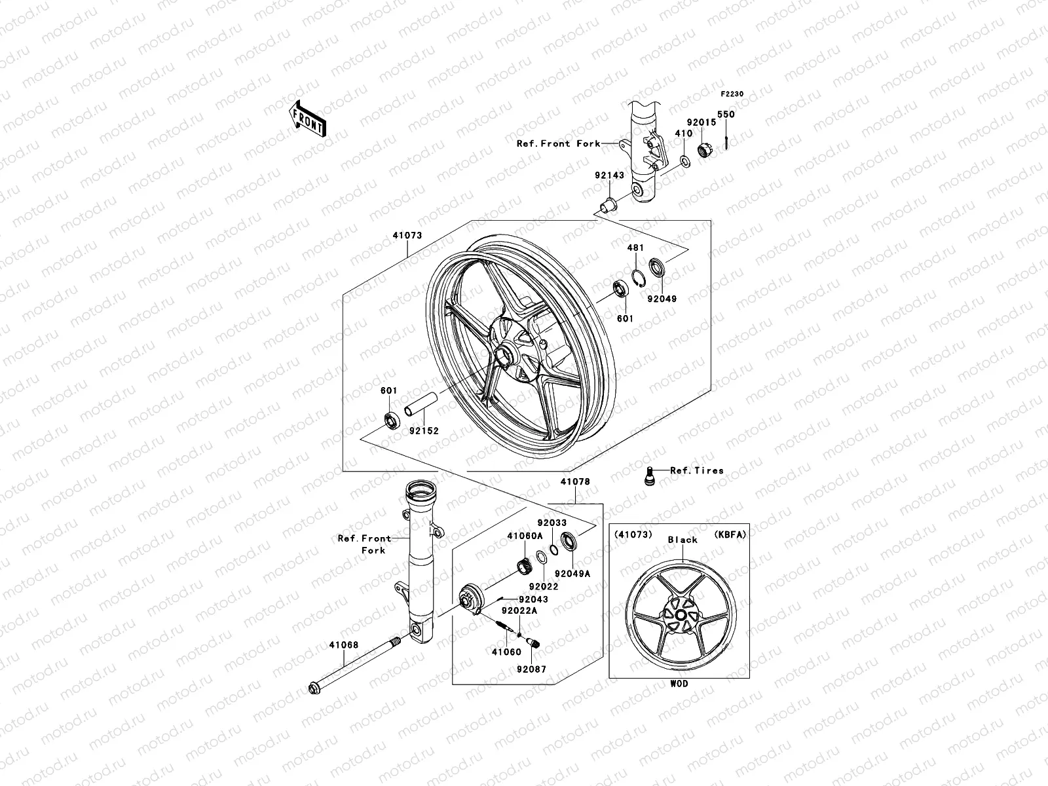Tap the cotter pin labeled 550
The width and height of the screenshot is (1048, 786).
[726, 141]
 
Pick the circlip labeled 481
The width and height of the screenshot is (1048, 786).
[639, 278]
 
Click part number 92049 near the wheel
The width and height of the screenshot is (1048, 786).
[663, 299]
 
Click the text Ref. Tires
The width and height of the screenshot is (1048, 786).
[696, 470]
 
